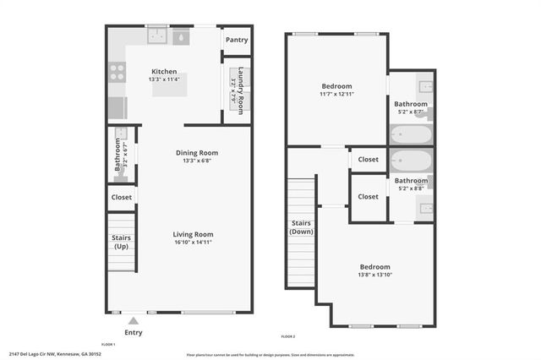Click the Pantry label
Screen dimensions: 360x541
coord(237,40)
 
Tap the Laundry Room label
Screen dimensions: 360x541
coord(241,85)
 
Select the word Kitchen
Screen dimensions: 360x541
coord(163,71)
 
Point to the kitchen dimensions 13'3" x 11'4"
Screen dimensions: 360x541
coord(163,79)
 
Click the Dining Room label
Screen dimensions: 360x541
coord(197,153)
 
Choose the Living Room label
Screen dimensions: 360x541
coord(194,234)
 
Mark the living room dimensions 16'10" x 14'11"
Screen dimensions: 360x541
coord(194,243)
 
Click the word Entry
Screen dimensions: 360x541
coord(134,333)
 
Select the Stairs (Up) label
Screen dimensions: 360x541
coord(121,243)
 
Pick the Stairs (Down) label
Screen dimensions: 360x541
coord(301,227)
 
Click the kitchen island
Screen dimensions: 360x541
coord(169,85)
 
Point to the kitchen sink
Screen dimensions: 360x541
coord(156,36)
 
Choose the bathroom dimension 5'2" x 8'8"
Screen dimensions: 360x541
coord(412,188)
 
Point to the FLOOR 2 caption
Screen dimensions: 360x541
coord(287,336)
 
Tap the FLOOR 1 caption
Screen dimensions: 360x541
coord(107,345)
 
